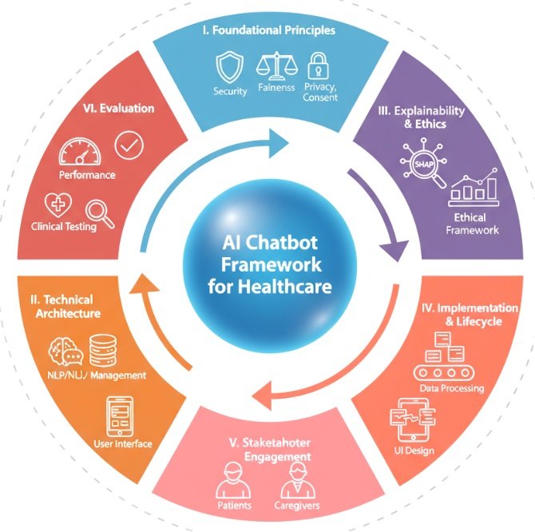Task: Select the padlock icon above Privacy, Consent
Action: click(319, 66)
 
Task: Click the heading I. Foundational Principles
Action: click(267, 30)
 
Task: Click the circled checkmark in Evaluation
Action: click(129, 145)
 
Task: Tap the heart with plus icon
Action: click(59, 205)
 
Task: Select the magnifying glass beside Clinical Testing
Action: click(100, 211)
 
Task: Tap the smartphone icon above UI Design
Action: click(411, 418)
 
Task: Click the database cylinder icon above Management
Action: click(105, 348)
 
